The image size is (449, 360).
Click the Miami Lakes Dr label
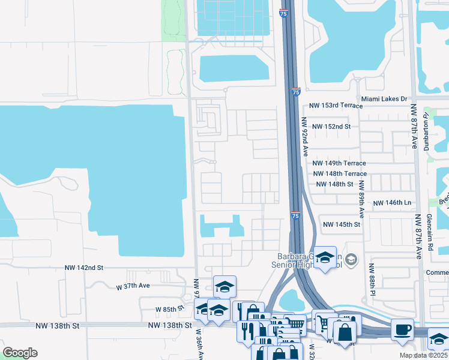[x=384, y=98]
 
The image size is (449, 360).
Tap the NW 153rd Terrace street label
[x=335, y=105]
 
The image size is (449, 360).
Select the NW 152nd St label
[x=331, y=127]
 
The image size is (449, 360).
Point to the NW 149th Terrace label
[x=339, y=163]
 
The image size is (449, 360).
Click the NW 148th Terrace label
[x=339, y=173]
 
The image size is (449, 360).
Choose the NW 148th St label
[x=334, y=184]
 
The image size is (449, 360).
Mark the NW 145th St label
[x=341, y=224]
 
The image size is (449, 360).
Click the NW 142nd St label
[x=84, y=268]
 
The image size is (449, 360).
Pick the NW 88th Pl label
[x=372, y=280]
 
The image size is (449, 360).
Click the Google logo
[x=20, y=352]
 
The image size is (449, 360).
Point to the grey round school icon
[x=351, y=259]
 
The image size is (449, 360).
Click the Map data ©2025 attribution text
[x=424, y=355]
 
